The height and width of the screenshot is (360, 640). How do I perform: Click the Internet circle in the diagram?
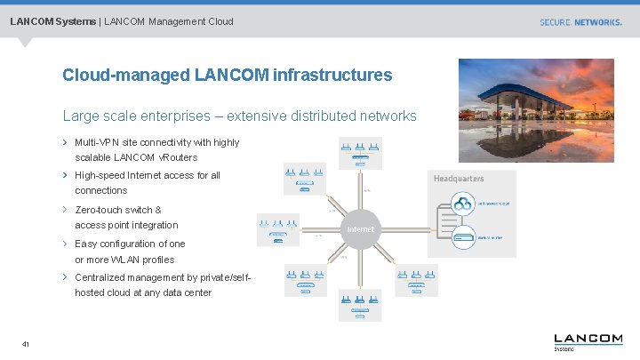360,229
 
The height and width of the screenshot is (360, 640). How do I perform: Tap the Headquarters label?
459,179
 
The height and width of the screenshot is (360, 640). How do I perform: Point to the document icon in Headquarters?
448,220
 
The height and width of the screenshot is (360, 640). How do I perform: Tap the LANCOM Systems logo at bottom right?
588,341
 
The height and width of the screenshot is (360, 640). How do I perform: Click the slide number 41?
26,345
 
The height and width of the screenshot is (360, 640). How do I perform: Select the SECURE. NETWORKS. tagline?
580,22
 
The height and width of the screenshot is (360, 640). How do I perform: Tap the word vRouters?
178,157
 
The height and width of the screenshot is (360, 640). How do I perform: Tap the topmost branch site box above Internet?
360,154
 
